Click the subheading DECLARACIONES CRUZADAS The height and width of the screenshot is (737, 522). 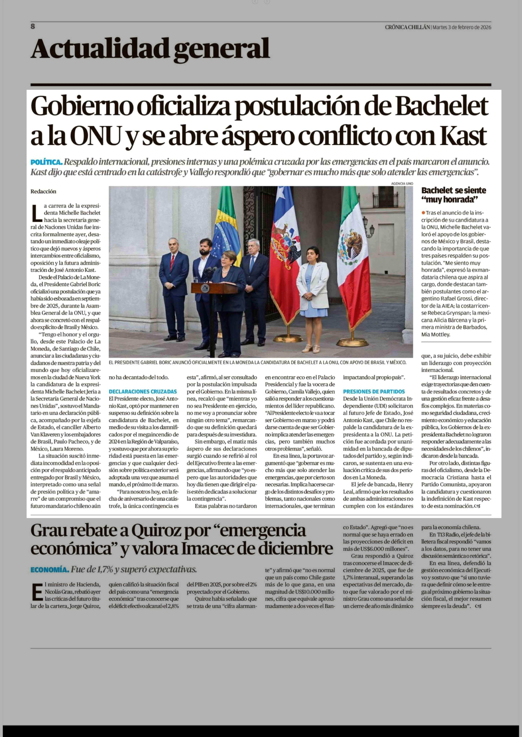point(143,392)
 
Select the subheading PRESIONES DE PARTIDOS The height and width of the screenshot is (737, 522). point(374,392)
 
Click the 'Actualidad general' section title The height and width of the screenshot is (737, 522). point(150,49)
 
